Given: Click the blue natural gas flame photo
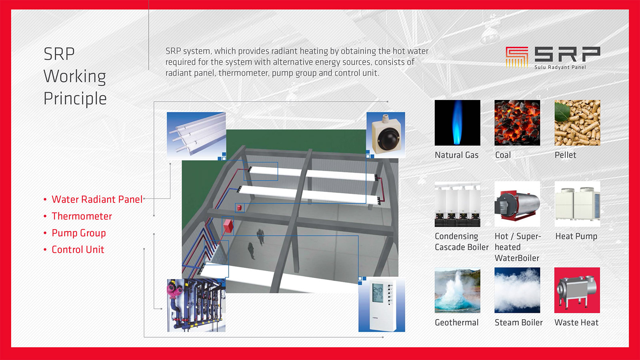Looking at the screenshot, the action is click(458, 122).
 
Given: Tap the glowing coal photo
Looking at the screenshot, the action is click(517, 122).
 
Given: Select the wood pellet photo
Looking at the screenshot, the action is click(577, 122).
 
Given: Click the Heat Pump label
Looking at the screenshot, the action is click(576, 236).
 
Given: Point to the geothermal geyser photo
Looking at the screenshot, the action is click(458, 290).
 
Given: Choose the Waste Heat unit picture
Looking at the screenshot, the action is click(577, 290).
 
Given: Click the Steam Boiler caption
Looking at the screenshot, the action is click(518, 322).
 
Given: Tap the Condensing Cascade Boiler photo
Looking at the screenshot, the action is click(458, 204).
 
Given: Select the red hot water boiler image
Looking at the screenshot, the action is click(517, 204).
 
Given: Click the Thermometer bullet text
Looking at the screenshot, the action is click(82, 216).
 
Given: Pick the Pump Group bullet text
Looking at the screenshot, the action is click(78, 233).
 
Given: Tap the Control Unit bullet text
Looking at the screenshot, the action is click(78, 250).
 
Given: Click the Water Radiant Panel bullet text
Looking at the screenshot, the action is click(97, 200).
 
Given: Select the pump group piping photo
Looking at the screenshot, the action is click(196, 306).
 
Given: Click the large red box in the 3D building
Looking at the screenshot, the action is click(228, 226).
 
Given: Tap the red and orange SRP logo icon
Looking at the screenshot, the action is click(516, 57).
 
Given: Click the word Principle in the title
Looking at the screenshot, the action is click(75, 99).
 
